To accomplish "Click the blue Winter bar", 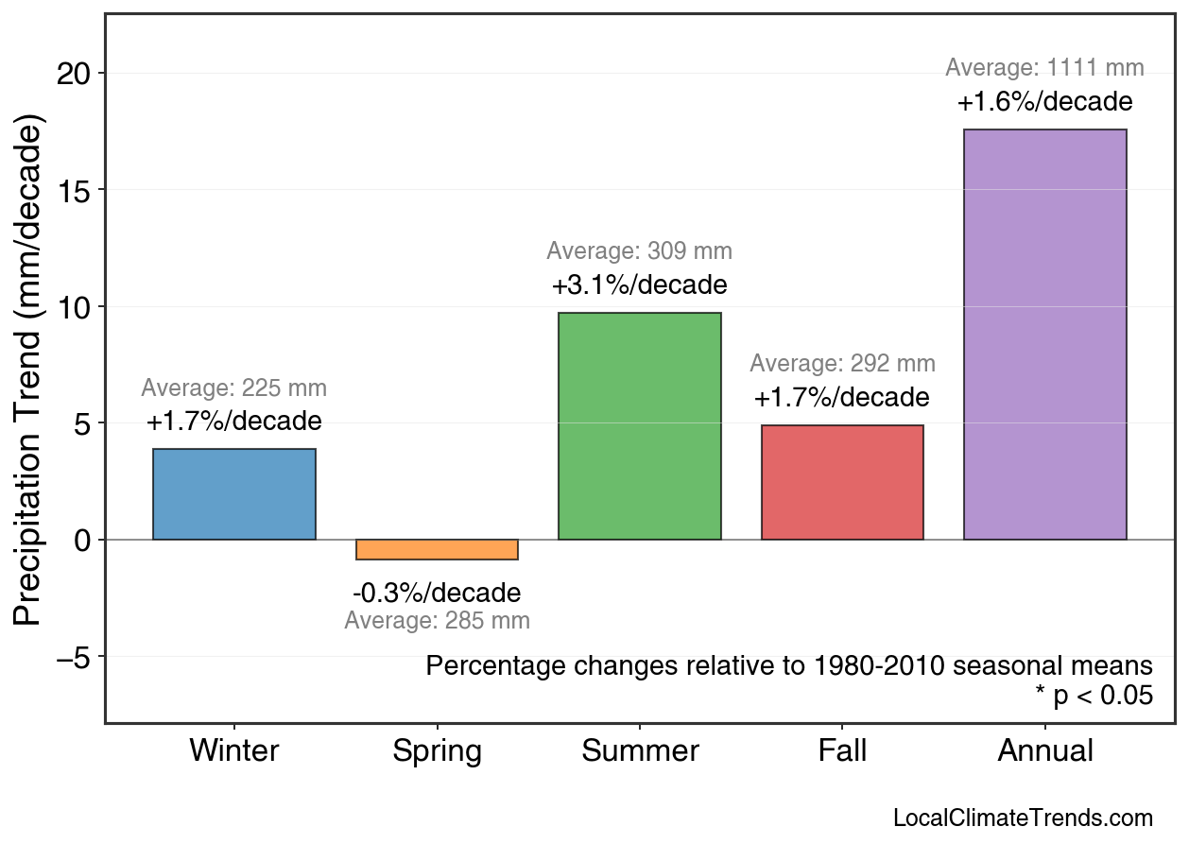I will tap(234, 494).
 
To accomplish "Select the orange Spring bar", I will tap(437, 550).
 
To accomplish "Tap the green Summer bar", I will tap(640, 426).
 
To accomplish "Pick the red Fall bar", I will tap(842, 483).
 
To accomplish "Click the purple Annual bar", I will tap(1045, 335).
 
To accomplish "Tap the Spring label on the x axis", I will tap(437, 751).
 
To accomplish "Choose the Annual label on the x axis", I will tap(1045, 751).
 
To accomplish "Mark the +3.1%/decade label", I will tap(640, 284).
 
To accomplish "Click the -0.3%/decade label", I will tap(437, 594).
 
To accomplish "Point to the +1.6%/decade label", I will tap(1045, 101).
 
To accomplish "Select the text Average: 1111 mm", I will tap(1045, 68).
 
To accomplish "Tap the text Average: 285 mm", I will tap(437, 621).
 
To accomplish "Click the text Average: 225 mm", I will tap(234, 388).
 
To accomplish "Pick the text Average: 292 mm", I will tap(842, 364).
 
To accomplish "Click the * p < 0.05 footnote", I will tap(1094, 696).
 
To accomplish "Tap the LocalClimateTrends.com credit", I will tap(1023, 818).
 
